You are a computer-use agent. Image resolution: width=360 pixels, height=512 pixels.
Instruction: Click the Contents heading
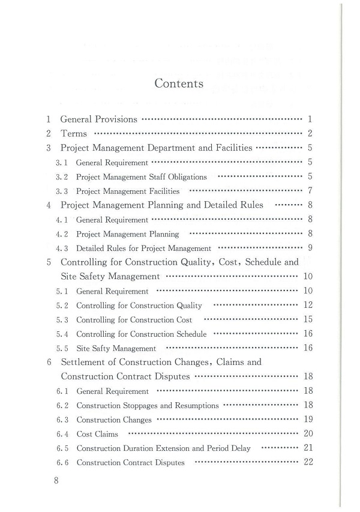pos(179,83)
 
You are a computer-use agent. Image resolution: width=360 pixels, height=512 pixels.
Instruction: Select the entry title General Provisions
pos(99,119)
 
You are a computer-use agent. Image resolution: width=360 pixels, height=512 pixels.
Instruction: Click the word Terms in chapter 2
pos(74,133)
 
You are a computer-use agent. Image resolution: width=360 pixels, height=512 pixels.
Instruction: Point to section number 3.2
pos(62,177)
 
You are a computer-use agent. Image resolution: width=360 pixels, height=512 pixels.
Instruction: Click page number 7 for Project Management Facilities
pos(310,191)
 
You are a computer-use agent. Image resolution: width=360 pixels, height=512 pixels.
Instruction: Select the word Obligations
pos(187,177)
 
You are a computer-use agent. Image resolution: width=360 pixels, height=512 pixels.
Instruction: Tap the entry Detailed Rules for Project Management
pos(144,248)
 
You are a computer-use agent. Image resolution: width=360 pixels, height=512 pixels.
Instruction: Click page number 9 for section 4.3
pos(310,248)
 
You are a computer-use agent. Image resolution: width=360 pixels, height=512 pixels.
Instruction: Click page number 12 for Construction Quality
pos(308,305)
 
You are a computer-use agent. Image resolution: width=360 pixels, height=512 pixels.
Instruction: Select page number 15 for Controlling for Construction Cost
pos(308,319)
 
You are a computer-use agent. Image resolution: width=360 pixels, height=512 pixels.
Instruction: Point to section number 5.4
pos(62,334)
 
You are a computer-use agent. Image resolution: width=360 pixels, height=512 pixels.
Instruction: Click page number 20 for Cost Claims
pos(308,434)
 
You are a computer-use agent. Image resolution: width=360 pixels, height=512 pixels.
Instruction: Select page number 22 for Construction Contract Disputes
pos(308,462)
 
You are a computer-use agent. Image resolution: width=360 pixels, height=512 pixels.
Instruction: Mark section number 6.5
pos(62,448)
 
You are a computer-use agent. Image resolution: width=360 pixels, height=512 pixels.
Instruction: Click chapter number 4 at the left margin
pos(49,205)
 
